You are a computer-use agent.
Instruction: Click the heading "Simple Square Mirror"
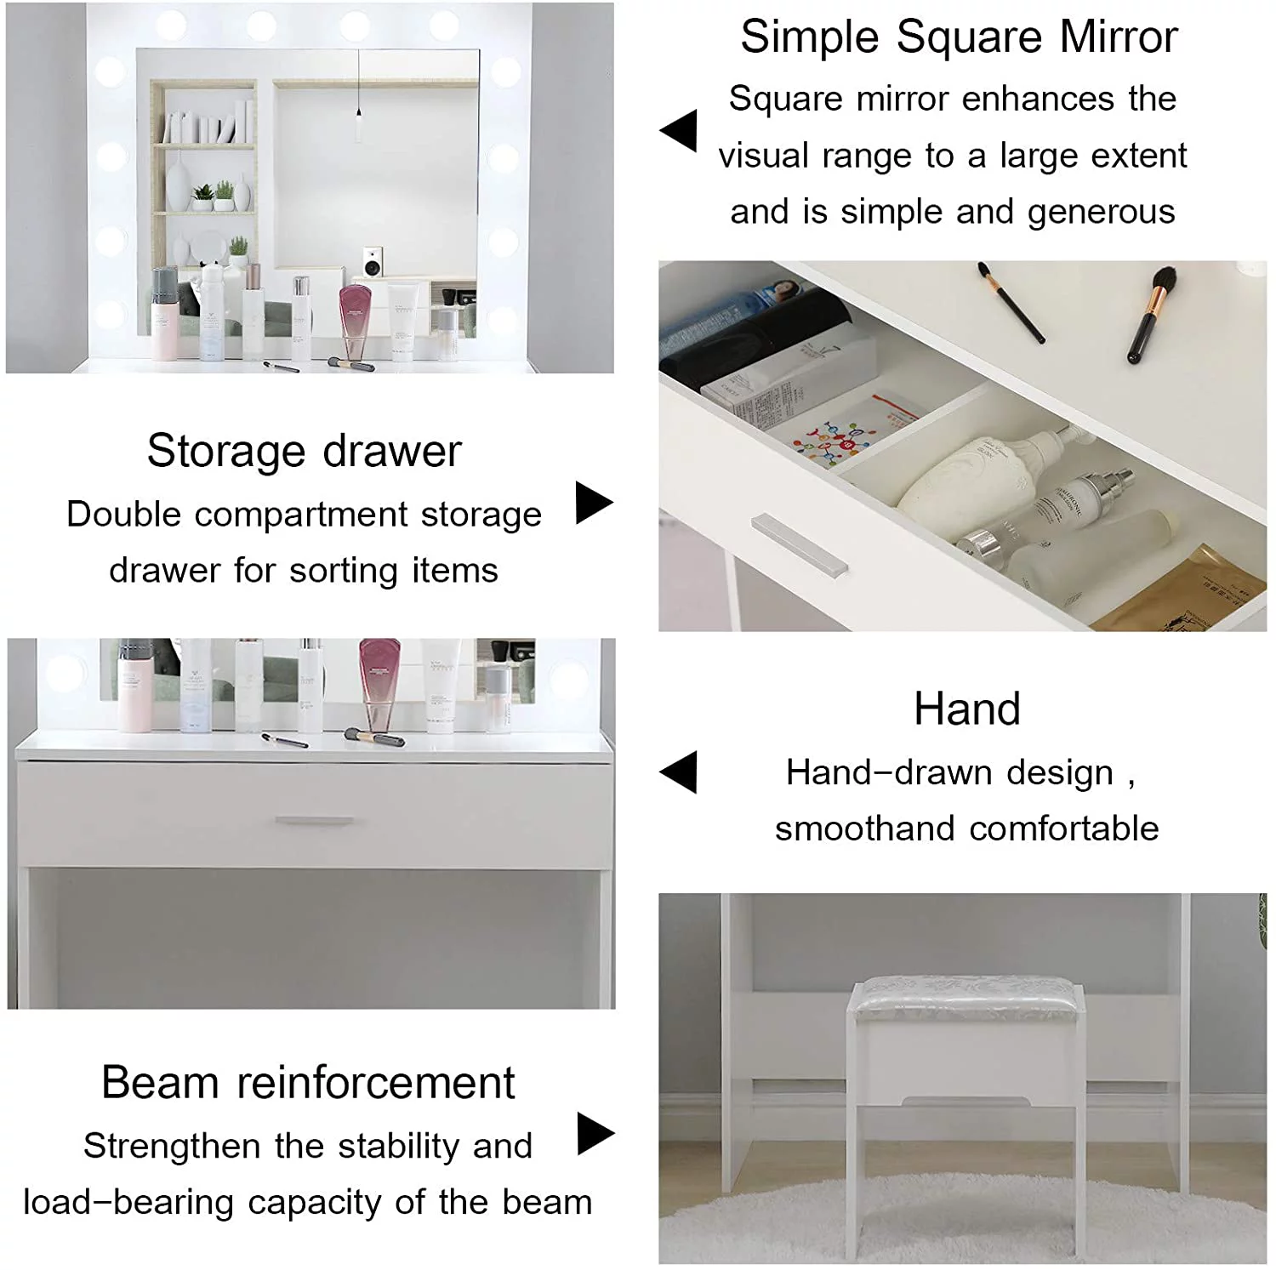click(959, 37)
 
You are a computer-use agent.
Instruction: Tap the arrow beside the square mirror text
click(679, 131)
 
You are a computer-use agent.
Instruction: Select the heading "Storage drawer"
click(304, 451)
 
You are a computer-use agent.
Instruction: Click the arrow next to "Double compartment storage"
click(594, 503)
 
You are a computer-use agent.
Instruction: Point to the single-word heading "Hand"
click(967, 709)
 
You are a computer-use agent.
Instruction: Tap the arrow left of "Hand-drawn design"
click(679, 772)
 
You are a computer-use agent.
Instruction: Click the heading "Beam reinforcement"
click(308, 1083)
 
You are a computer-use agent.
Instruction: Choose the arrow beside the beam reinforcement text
click(595, 1134)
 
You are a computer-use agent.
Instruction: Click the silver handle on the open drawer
click(800, 544)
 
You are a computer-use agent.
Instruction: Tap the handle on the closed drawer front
click(314, 821)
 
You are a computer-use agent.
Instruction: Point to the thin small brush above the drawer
click(1011, 303)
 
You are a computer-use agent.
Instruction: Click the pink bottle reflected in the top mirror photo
click(356, 322)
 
